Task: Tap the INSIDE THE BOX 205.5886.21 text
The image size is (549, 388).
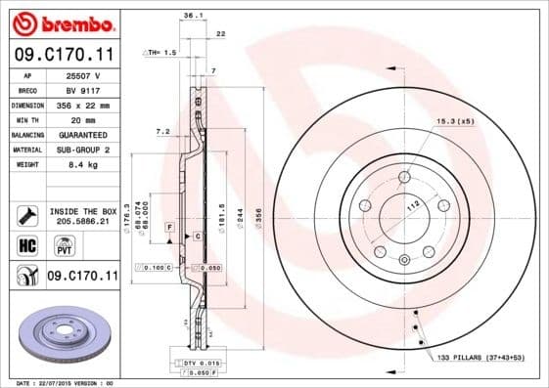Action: tap(83, 216)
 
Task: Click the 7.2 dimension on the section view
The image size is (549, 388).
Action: tap(163, 130)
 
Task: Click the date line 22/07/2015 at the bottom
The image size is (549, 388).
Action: tap(66, 383)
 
